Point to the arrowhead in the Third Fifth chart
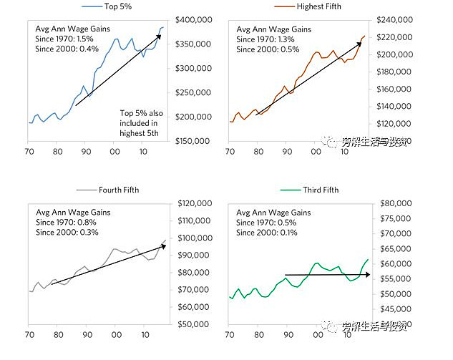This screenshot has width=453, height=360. click(x=367, y=274)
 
